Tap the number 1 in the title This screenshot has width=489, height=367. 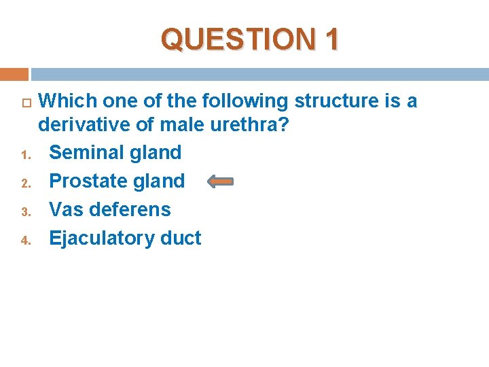coord(331,39)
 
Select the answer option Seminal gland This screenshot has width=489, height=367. coord(115,152)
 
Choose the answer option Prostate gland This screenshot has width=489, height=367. coord(117,181)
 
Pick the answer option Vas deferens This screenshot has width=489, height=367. coord(110,209)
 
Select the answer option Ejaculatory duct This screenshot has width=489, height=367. coord(125,238)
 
